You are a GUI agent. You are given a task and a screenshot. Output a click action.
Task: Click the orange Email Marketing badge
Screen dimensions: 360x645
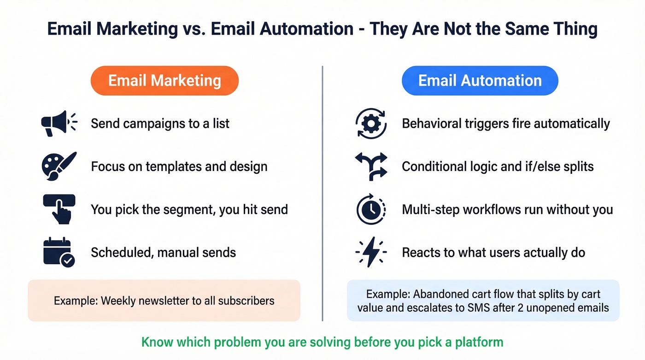coord(164,81)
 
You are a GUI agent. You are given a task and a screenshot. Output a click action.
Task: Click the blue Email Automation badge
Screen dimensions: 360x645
coord(480,81)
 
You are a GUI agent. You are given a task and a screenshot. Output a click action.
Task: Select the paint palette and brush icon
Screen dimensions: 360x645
coord(59,166)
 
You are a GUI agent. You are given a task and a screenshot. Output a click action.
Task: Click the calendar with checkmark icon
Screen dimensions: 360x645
coord(59,252)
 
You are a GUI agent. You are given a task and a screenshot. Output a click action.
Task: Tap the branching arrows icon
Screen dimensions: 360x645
coord(371,166)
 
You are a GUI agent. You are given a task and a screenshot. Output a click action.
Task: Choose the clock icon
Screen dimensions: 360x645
coord(371,210)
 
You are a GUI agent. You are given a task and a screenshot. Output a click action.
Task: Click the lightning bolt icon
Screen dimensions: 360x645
coord(371,252)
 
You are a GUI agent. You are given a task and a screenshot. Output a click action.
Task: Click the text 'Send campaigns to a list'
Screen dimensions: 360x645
coord(160,124)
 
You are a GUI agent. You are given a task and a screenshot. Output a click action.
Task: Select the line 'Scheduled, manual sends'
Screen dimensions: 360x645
coord(163,253)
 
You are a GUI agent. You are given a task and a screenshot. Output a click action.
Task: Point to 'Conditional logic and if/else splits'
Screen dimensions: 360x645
coord(498,166)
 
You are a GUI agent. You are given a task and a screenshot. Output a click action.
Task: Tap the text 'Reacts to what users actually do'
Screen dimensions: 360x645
coord(493,253)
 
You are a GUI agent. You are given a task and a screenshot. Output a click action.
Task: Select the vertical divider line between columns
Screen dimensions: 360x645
coord(322,194)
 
